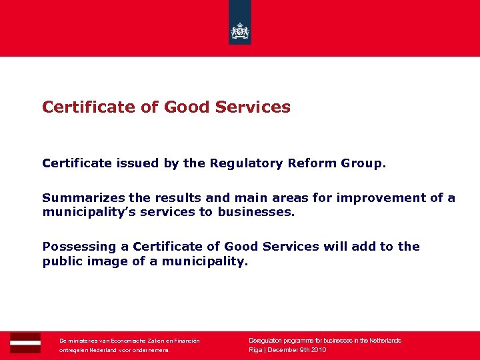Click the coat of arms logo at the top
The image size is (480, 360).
[240, 30]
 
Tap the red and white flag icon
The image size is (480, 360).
[25, 342]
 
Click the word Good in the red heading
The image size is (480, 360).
[189, 107]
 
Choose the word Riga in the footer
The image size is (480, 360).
[255, 349]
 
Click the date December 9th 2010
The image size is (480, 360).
[297, 349]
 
